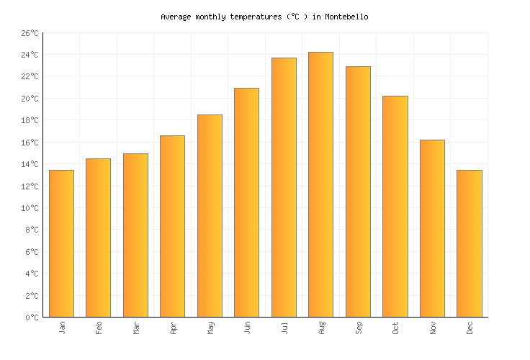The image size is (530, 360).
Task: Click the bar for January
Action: tap(61, 243)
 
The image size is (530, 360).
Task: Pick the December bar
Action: tap(469, 243)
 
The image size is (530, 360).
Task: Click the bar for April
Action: tap(172, 226)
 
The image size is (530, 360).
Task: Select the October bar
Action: tap(395, 206)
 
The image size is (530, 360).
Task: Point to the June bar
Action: tap(246, 202)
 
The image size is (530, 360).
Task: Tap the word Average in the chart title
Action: tap(176, 17)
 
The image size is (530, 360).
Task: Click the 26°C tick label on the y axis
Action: tap(30, 33)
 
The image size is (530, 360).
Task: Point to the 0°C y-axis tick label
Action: tap(32, 318)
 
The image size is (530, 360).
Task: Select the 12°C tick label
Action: tap(30, 186)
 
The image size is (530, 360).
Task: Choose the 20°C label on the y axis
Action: tap(30, 99)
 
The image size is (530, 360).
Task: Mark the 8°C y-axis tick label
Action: tap(32, 230)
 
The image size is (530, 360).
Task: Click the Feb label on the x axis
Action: tap(99, 328)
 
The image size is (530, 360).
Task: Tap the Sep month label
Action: tap(358, 328)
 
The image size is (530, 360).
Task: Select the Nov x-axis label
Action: tap(432, 328)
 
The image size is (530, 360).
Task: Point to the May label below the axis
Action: tap(210, 328)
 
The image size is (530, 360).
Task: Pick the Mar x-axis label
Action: tap(136, 328)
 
